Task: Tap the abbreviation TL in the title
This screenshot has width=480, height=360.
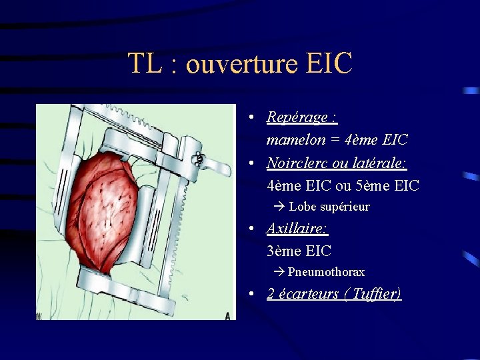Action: click(144, 64)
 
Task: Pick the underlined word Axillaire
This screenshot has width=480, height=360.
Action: click(296, 229)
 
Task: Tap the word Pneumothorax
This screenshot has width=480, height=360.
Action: click(326, 272)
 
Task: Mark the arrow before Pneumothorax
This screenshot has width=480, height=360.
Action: click(279, 272)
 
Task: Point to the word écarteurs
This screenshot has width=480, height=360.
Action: click(307, 294)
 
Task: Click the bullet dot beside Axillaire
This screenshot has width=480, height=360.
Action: click(249, 229)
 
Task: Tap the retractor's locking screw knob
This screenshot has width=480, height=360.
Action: click(198, 159)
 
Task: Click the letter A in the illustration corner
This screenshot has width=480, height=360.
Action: click(227, 315)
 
